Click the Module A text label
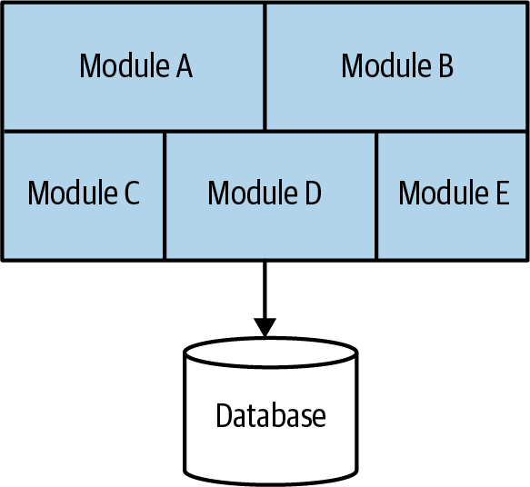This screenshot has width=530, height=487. (135, 66)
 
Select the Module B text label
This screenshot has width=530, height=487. (397, 66)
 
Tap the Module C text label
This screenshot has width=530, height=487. (84, 194)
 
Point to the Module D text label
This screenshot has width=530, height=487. (264, 194)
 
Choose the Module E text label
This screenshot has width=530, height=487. (454, 194)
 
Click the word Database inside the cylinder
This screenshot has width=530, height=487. (270, 415)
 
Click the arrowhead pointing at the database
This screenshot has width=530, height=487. (265, 326)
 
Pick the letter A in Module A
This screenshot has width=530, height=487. (183, 66)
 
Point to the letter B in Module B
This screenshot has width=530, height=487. (445, 66)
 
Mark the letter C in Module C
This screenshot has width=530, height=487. (130, 194)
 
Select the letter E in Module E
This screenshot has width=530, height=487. (502, 194)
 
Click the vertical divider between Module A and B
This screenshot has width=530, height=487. (265, 66)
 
